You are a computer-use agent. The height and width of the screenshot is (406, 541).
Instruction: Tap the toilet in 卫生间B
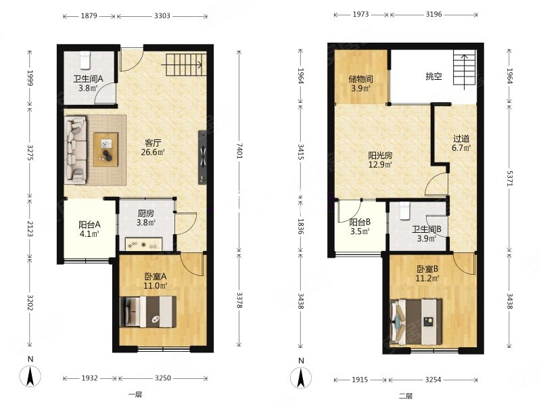404,211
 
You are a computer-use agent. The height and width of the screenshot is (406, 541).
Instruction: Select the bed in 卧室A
148,312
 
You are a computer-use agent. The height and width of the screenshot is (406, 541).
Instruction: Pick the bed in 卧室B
416,322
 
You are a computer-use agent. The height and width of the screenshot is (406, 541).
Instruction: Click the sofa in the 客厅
76,150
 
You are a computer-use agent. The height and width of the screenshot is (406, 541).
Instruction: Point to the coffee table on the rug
106,150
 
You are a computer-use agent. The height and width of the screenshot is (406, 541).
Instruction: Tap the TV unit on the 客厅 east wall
202,157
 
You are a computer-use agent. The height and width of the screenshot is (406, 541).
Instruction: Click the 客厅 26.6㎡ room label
153,148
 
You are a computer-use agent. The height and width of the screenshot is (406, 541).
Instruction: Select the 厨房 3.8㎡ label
145,218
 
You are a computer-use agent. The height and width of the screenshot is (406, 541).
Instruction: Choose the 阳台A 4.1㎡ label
89,229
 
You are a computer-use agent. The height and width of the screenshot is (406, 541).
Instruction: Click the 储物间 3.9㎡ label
360,83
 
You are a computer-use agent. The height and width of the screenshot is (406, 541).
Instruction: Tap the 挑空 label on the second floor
433,76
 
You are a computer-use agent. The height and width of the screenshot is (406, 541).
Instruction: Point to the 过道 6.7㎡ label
461,143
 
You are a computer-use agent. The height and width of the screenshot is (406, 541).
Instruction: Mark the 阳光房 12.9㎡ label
380,160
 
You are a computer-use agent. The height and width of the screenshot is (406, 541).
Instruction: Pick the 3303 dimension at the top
162,16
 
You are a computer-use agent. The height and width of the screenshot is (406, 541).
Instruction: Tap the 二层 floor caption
406,396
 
